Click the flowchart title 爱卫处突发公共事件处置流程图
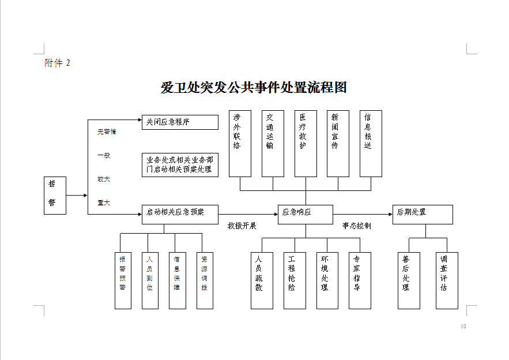click(x=254, y=88)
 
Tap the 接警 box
click(x=55, y=195)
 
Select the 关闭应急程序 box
click(x=180, y=122)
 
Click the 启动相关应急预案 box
click(x=180, y=214)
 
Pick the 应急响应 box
click(x=305, y=214)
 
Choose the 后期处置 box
click(x=422, y=214)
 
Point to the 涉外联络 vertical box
click(x=240, y=144)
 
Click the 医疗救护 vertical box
click(x=306, y=144)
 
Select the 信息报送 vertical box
click(x=371, y=144)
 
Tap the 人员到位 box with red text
click(x=150, y=280)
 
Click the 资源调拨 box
click(x=204, y=280)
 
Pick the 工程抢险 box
click(x=294, y=280)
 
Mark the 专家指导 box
click(x=360, y=280)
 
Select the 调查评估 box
click(x=447, y=280)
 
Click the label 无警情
click(x=107, y=132)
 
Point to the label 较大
click(x=104, y=179)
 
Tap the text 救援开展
click(x=242, y=226)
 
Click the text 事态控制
click(x=356, y=226)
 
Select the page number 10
click(x=463, y=327)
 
